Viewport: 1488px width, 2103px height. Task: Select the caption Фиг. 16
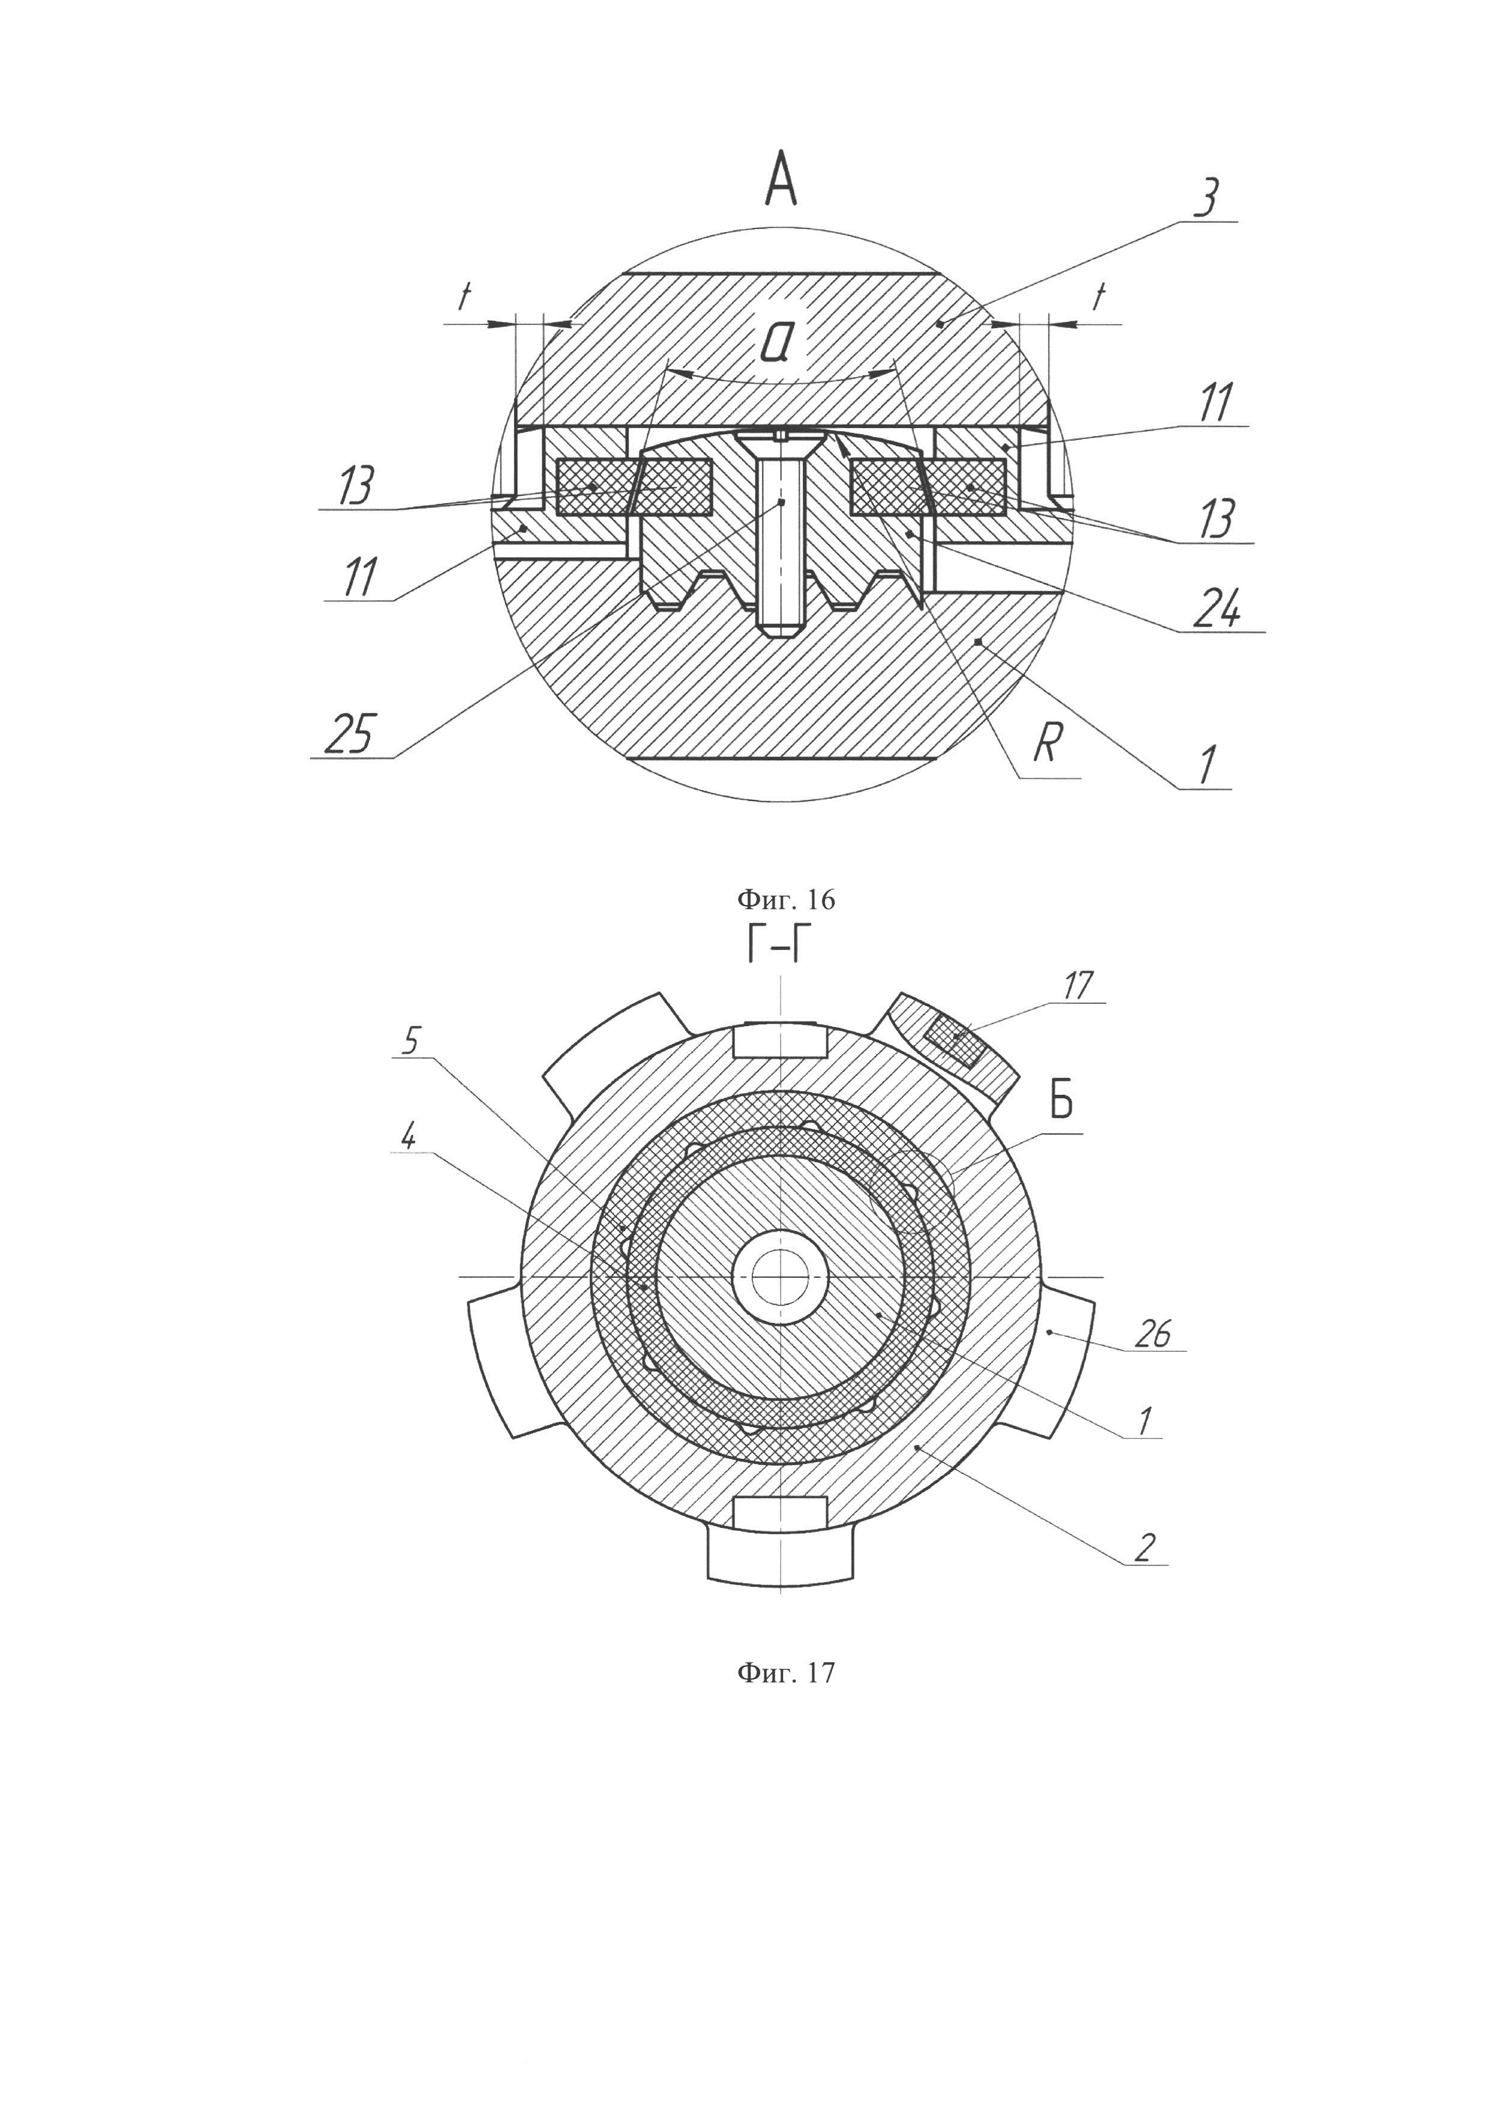786,900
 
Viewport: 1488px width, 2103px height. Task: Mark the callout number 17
1078,986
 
